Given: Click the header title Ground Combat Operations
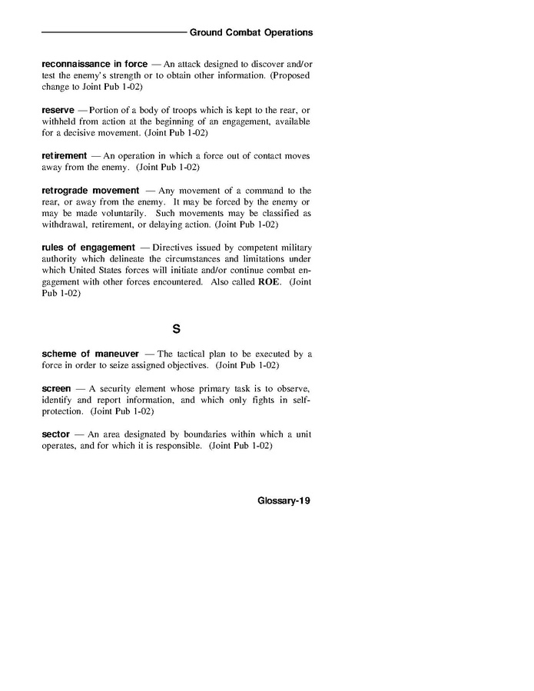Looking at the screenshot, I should point(251,33).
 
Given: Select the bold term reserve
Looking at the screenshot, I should point(58,111).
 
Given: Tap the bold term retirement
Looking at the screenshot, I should point(65,155).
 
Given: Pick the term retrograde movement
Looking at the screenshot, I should point(91,190).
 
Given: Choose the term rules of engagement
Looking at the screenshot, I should point(89,247).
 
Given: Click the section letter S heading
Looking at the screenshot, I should point(176,330).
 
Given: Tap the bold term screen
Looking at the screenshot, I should point(57,389).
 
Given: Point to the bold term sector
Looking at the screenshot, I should point(56,434).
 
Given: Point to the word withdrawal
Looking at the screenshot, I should point(66,224).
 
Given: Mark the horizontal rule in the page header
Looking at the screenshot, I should point(113,33).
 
